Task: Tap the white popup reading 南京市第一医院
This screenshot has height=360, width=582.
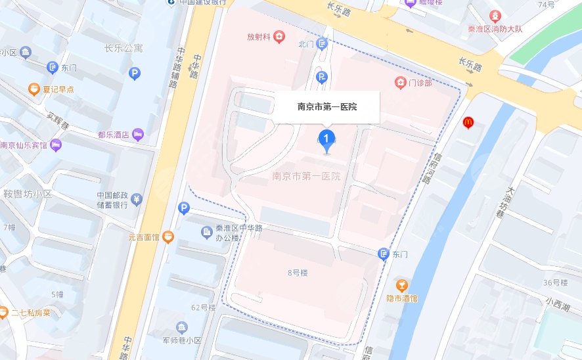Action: (327, 106)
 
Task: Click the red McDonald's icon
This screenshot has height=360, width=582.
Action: (468, 122)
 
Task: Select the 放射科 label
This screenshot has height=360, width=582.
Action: (259, 36)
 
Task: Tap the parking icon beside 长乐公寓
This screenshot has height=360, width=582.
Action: (135, 74)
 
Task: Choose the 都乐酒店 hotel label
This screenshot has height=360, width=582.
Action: (114, 135)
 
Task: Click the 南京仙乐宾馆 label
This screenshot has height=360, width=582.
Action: (24, 146)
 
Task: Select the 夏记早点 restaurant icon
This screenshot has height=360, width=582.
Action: (33, 89)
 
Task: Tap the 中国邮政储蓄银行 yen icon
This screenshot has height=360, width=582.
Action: (137, 199)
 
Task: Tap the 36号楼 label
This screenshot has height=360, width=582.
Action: (555, 282)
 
